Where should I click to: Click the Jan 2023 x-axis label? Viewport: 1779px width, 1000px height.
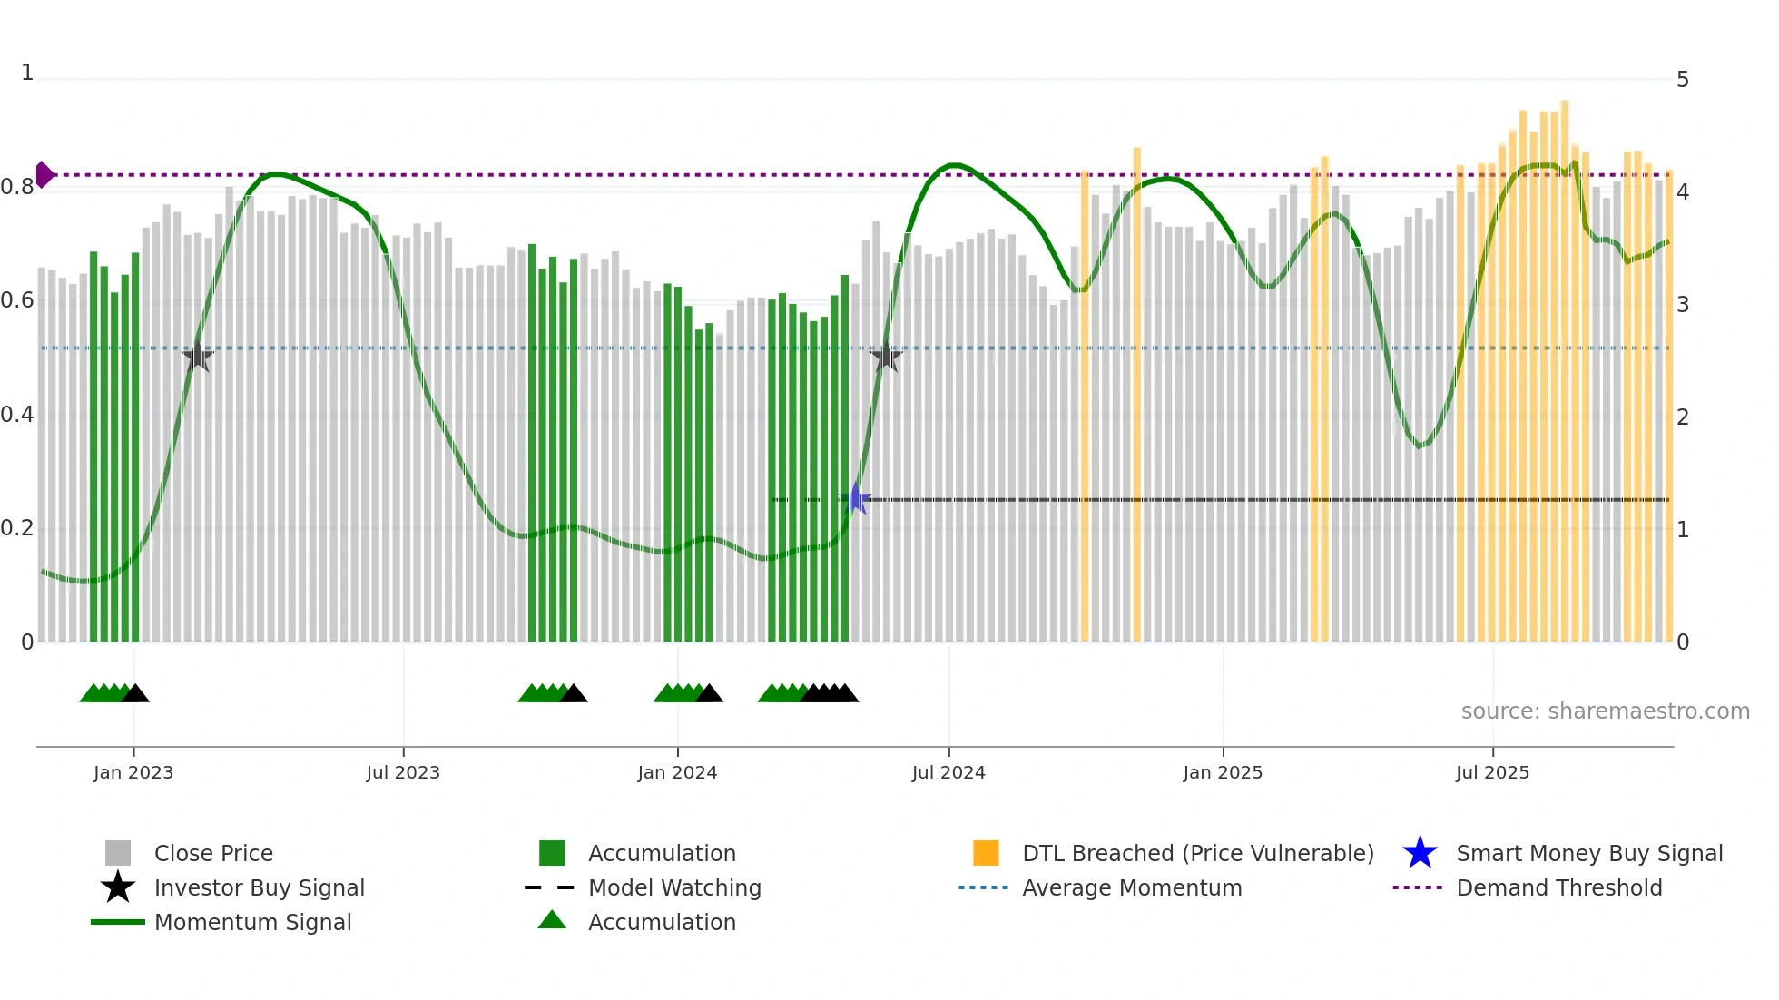pos(133,772)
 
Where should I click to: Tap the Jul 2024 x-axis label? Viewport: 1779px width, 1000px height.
pos(948,772)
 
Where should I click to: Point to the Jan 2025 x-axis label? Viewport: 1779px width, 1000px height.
pos(1223,772)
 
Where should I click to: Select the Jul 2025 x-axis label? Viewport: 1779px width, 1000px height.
pos(1492,772)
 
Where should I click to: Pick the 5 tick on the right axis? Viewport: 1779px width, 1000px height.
pos(1683,80)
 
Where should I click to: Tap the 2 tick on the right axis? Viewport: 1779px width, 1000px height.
pos(1683,417)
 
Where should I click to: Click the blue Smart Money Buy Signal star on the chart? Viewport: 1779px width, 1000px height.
pos(855,499)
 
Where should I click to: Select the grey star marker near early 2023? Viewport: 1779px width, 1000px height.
pos(198,357)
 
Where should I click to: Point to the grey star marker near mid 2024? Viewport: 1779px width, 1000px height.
pos(887,357)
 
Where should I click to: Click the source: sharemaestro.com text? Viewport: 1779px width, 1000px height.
pos(1605,711)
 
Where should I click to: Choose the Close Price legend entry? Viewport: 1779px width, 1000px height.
pos(213,853)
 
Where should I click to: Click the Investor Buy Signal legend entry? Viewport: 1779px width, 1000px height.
pos(259,887)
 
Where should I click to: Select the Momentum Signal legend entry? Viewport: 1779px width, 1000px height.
pos(252,922)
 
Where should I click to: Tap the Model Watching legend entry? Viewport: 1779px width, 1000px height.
pos(674,887)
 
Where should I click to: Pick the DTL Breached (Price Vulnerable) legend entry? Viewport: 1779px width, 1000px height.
pos(1197,853)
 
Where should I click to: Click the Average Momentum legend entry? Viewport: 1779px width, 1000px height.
pos(1132,887)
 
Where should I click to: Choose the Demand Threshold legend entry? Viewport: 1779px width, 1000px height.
pos(1558,887)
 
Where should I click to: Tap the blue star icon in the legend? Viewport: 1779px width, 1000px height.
pos(1420,853)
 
